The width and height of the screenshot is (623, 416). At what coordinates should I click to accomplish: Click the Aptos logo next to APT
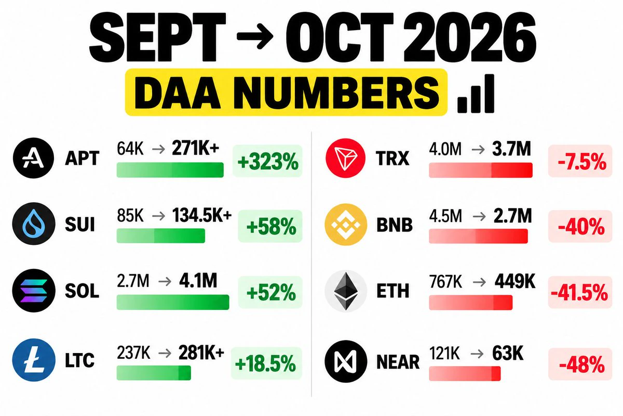33,158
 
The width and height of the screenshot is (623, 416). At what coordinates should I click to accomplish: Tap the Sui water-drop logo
34,224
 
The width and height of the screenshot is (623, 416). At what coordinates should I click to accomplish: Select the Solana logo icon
34,290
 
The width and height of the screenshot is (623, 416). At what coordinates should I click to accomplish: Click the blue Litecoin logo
34,360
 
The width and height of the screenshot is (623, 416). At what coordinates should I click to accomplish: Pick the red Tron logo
346,158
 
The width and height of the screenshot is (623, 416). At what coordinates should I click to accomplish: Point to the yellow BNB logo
346,225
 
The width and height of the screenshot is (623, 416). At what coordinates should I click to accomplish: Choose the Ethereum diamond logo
346,291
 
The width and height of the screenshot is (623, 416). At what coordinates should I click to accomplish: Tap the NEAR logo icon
346,361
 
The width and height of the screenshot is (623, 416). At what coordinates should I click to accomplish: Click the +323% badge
267,161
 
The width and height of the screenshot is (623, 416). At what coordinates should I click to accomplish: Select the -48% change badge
580,364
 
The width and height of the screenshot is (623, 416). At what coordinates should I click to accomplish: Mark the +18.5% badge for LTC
266,363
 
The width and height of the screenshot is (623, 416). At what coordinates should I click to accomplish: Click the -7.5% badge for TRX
580,161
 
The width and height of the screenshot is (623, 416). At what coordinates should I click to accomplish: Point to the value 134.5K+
202,215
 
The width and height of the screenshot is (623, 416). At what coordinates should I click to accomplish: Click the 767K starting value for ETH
445,281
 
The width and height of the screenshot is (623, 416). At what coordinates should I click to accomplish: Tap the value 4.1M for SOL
198,281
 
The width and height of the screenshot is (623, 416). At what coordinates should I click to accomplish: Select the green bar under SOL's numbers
173,302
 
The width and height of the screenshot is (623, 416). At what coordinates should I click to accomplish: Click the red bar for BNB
478,236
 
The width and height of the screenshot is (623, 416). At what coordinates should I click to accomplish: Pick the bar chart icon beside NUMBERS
476,94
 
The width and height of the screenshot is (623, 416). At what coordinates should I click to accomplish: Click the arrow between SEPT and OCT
255,36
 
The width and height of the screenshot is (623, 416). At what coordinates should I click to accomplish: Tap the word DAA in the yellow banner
177,92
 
